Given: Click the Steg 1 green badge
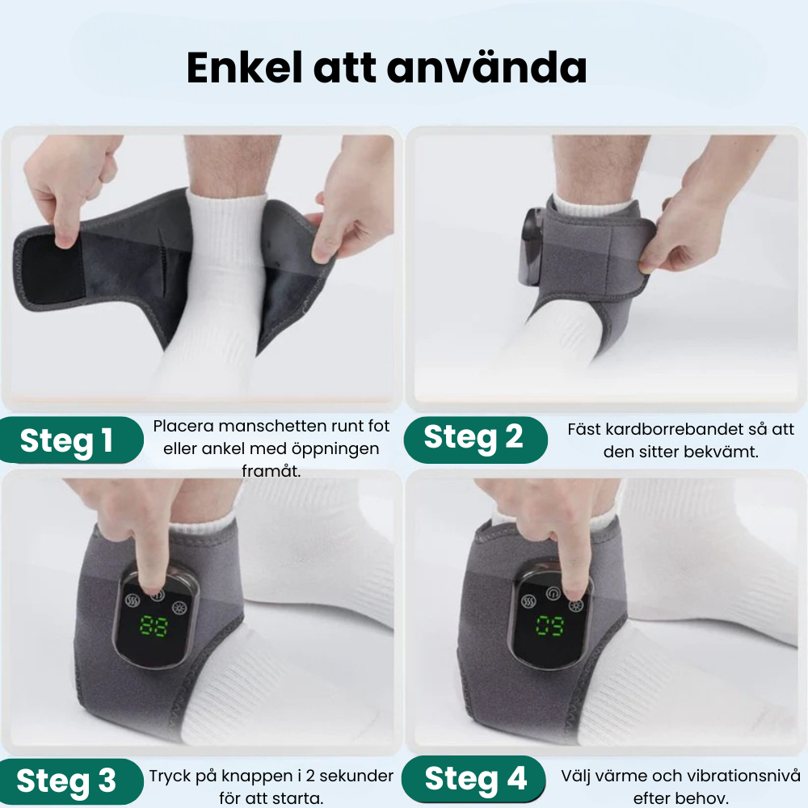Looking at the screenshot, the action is coord(71,440).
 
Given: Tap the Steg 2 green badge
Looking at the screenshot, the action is coord(475,439).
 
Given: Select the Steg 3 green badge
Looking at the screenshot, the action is coord(71,781).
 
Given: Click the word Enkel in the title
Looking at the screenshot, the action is coord(244,68).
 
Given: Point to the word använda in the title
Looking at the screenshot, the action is coord(486,68).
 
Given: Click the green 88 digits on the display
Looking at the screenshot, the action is coord(154,625).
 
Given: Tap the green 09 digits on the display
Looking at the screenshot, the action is coord(550,625).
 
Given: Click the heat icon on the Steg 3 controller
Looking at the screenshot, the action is coord(133,601).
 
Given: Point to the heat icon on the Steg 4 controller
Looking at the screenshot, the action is coord(528,602).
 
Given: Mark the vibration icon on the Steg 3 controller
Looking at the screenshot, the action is coord(180,608).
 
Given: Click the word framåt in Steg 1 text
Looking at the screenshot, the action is coord(271,471).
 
